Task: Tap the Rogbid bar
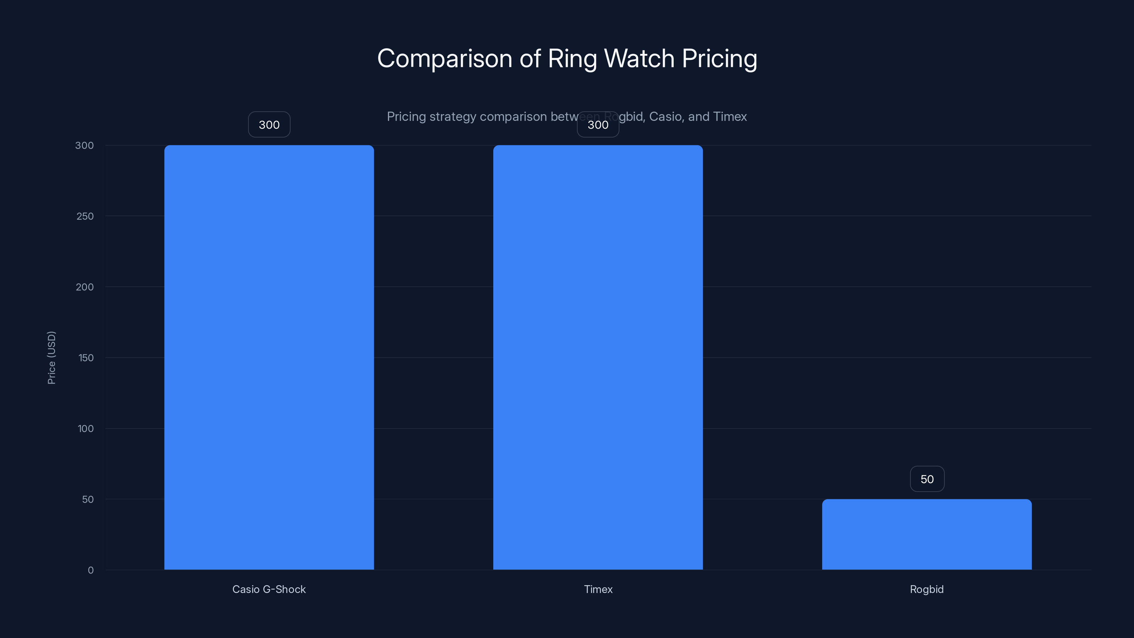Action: (927, 534)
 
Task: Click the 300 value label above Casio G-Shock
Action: (269, 125)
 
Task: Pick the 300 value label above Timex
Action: (598, 125)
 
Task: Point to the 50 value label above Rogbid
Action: (927, 479)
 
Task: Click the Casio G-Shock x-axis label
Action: (269, 589)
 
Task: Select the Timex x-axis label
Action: (598, 589)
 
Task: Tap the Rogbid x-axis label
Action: (927, 589)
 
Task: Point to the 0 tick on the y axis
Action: (91, 570)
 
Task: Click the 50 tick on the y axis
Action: (88, 499)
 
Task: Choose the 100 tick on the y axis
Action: (86, 429)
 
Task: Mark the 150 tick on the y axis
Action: (86, 358)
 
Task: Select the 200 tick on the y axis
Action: (85, 287)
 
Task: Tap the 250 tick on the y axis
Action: (85, 216)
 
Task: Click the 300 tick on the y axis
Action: (85, 145)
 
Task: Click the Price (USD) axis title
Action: (51, 358)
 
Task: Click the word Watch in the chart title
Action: (639, 58)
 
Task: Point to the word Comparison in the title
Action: (445, 58)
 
